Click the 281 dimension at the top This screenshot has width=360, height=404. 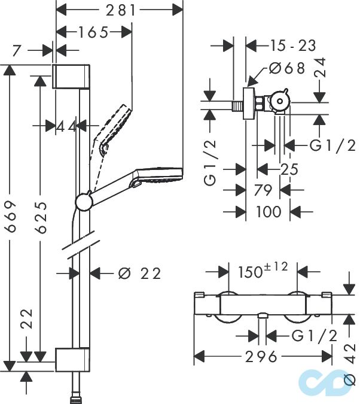pos(118,10)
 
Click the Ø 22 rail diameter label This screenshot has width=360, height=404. pos(140,274)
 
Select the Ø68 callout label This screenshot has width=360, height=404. pos(288,68)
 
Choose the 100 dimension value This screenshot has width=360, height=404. pos(268,211)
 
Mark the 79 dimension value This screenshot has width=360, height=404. pos(263,190)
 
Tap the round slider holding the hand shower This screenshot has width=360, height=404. pos(84,202)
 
